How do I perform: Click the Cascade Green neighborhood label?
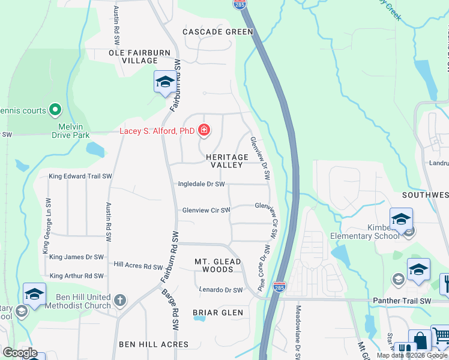pos(218,32)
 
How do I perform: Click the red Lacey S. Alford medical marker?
pos(204,130)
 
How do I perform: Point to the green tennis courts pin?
pos(55,110)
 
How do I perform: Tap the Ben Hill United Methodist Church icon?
pos(120,300)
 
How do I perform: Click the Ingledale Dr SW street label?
pos(201,184)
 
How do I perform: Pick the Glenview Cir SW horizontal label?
pos(206,210)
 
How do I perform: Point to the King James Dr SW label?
pos(76,257)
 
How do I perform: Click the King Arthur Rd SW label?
pos(76,276)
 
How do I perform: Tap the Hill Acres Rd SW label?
pos(138,266)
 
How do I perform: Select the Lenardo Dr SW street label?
pos(221,290)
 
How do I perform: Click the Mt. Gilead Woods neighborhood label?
pos(218,265)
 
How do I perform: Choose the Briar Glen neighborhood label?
pos(218,313)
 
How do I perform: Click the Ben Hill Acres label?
pos(154,344)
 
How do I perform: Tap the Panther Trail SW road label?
pos(402,301)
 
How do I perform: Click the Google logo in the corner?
pos(20,353)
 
